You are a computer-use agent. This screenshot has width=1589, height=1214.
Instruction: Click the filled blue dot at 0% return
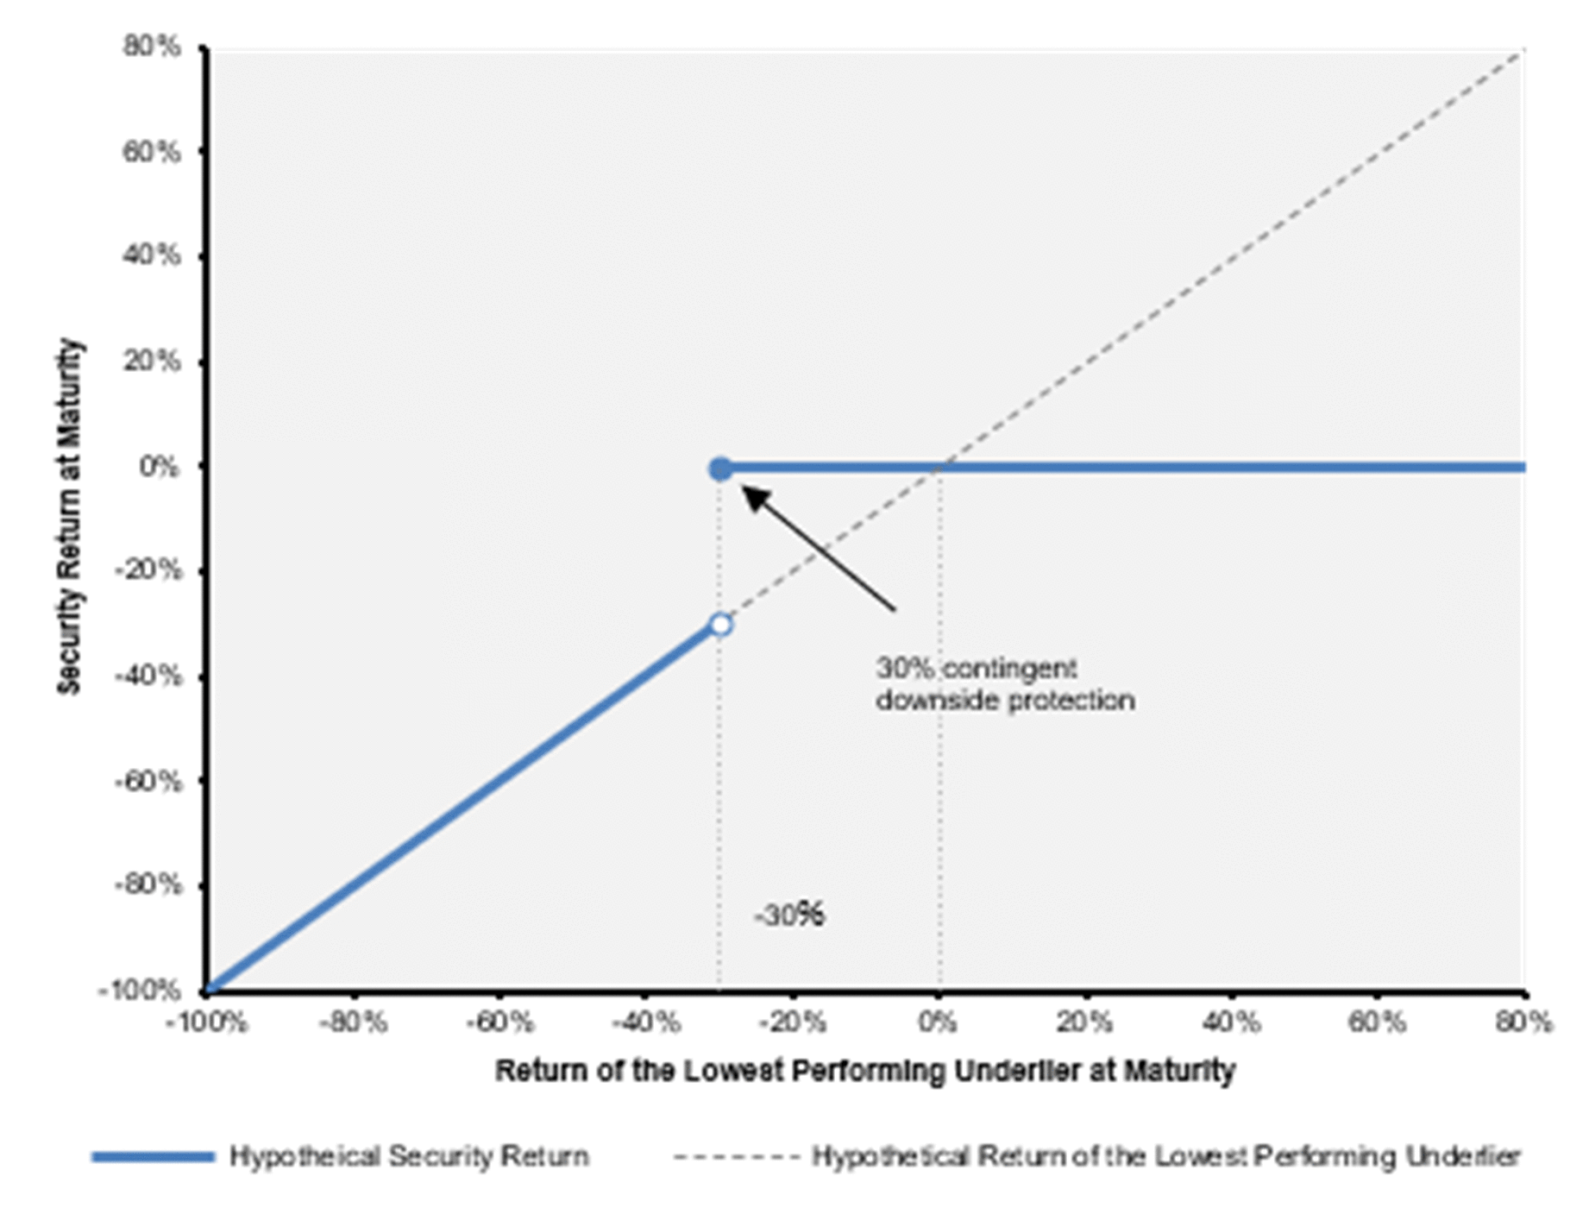(x=720, y=469)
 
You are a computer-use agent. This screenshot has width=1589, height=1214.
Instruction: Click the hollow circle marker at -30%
(x=720, y=625)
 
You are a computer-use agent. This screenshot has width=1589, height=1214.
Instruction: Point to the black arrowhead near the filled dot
(x=755, y=498)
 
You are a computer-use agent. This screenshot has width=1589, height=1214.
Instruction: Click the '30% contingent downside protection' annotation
(x=1005, y=684)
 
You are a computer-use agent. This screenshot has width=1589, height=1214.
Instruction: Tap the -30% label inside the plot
(x=789, y=915)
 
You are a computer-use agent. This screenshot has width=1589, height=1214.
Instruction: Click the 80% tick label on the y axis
(x=152, y=46)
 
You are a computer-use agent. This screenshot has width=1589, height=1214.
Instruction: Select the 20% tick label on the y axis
(x=152, y=361)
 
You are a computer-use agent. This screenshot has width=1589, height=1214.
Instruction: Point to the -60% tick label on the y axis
(x=148, y=781)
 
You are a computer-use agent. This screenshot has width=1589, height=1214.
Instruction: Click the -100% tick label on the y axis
(x=141, y=990)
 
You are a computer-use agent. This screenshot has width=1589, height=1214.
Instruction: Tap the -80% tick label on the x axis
(x=353, y=1023)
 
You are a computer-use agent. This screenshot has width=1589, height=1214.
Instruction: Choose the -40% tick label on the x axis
(x=646, y=1023)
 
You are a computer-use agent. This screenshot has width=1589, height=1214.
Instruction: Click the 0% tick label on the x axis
(x=938, y=1023)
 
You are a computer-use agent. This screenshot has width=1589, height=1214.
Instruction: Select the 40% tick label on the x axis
(x=1231, y=1023)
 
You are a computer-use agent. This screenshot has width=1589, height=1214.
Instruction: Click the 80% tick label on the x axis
(x=1524, y=1023)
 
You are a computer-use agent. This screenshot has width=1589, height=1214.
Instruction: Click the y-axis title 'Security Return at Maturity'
(x=69, y=516)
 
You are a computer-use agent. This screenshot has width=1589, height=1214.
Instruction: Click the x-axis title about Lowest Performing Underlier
(x=865, y=1071)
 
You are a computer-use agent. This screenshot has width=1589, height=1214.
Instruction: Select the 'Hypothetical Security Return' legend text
(x=409, y=1156)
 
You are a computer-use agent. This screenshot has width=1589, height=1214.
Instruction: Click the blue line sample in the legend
(x=154, y=1157)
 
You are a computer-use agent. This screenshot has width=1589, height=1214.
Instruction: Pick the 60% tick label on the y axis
(x=152, y=151)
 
